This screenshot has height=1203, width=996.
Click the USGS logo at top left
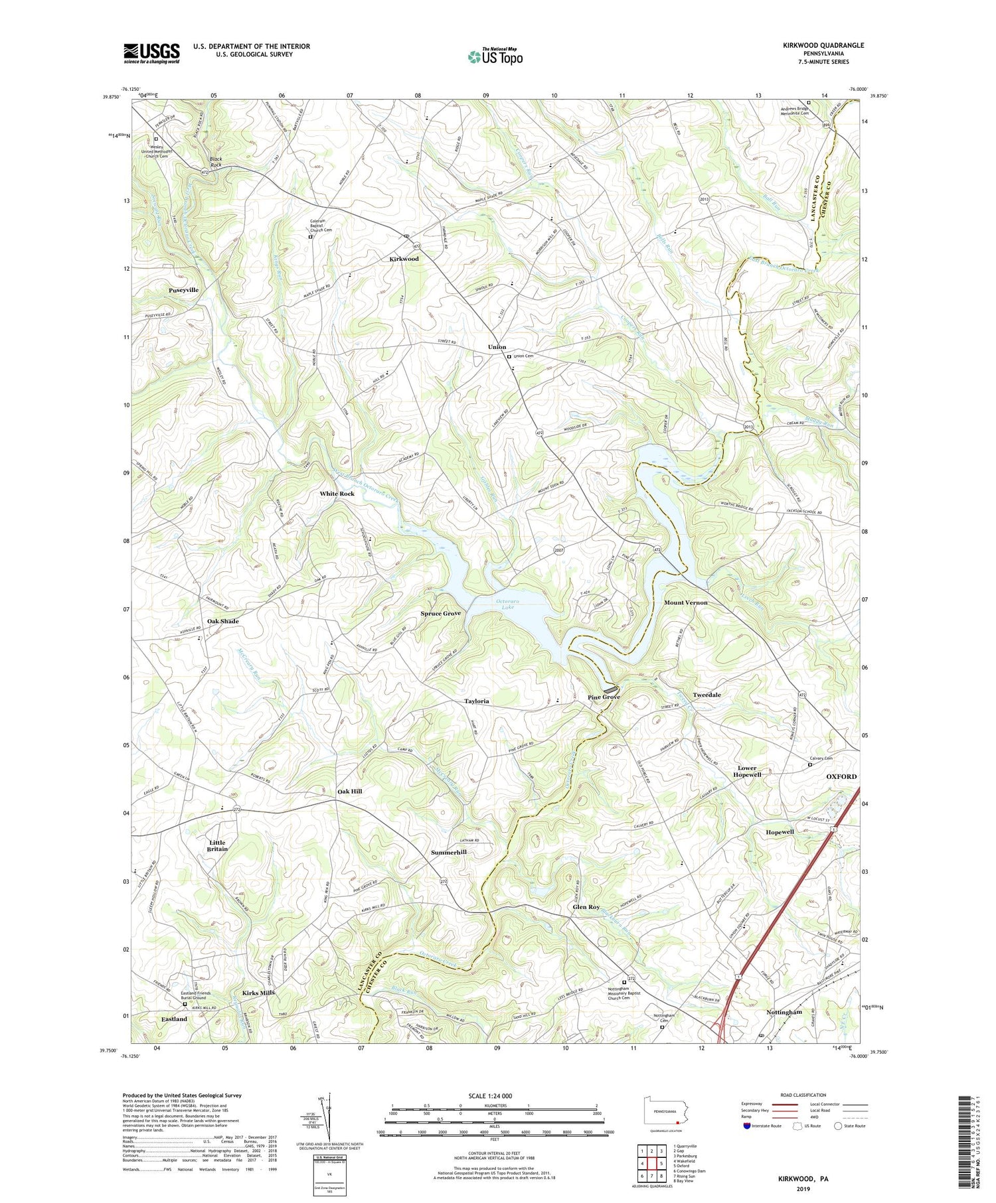(151, 53)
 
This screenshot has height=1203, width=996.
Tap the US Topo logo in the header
(495, 56)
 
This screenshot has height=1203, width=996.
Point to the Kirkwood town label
(404, 259)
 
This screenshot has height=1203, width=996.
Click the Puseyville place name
(183, 290)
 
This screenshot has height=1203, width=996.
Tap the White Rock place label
(337, 494)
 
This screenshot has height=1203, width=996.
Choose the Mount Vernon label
(686, 602)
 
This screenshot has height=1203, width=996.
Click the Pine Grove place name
(604, 697)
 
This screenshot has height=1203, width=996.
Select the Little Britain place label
(217, 845)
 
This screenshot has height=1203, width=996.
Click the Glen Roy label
(586, 906)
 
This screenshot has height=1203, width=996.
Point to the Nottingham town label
(784, 1012)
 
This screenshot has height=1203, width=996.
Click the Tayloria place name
(476, 701)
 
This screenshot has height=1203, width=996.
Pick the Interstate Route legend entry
(764, 1125)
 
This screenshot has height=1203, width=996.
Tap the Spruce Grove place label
(440, 613)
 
